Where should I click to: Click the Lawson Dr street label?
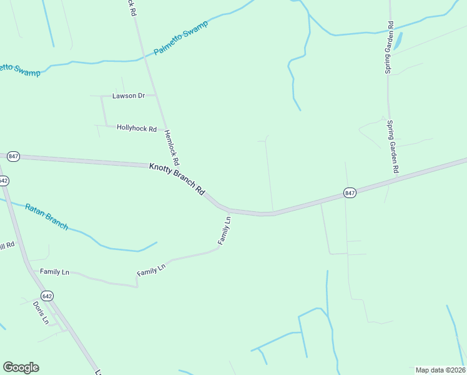(x=128, y=96)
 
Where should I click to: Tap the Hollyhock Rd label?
(x=137, y=128)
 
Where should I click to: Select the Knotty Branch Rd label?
(x=177, y=180)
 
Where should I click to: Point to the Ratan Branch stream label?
(x=46, y=216)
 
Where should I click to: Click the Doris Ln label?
(x=41, y=312)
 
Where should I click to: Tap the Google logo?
(x=21, y=367)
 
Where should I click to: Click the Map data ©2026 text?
(x=440, y=370)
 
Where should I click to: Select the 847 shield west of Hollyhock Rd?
(x=14, y=156)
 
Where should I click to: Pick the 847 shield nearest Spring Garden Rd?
(x=350, y=194)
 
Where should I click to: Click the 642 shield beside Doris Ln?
(x=47, y=295)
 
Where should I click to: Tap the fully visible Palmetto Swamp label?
(x=181, y=36)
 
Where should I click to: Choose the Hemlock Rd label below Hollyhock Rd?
(x=172, y=147)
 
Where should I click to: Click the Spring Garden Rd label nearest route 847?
(x=393, y=146)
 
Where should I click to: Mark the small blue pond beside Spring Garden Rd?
(x=398, y=41)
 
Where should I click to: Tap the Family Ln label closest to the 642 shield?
(x=54, y=272)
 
